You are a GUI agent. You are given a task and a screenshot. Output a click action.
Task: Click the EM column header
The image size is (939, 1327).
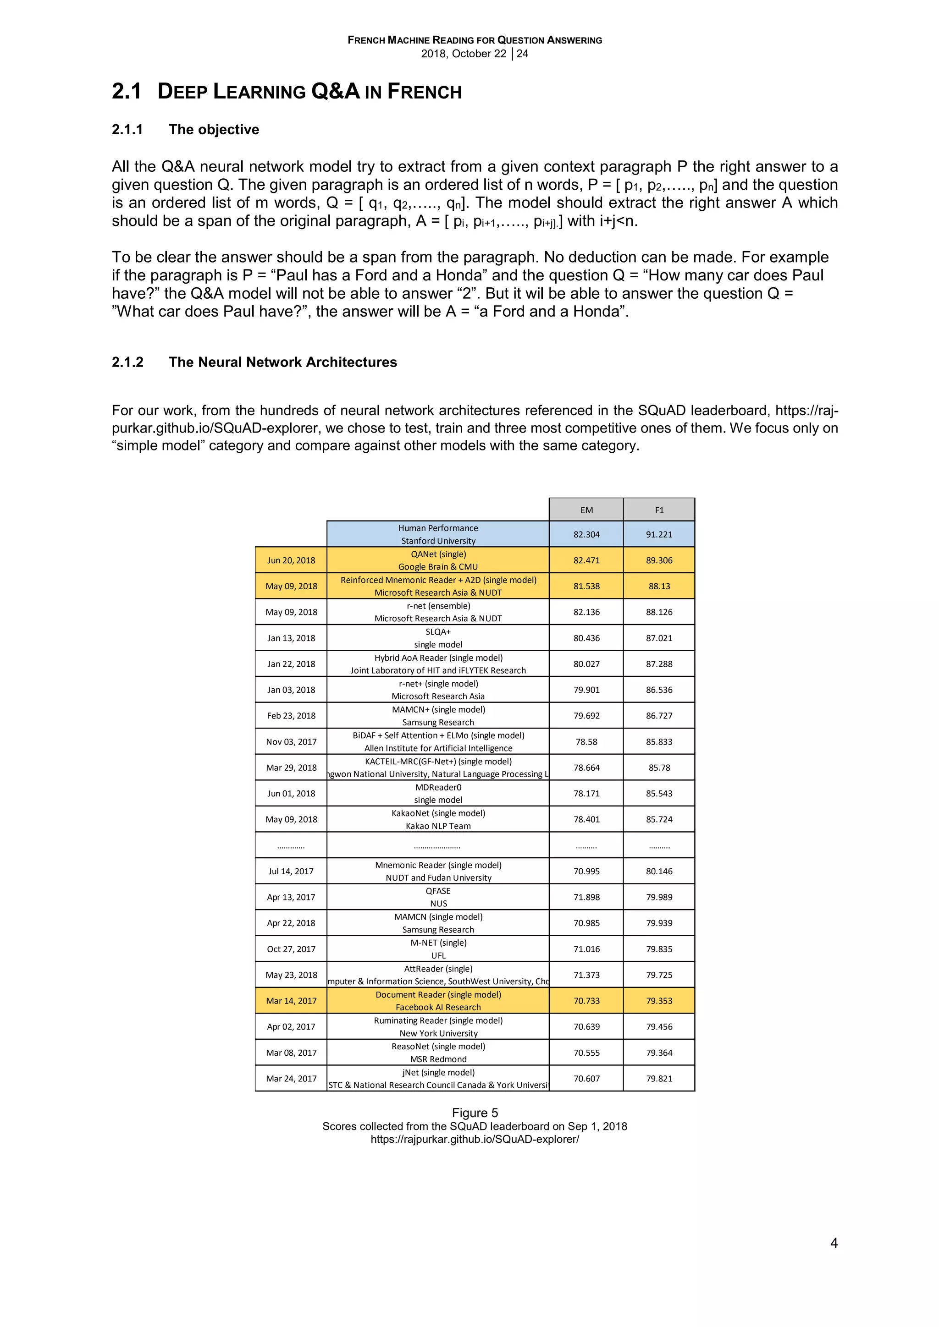tap(586, 510)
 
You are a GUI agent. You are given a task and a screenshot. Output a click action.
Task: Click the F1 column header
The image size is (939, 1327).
tap(659, 510)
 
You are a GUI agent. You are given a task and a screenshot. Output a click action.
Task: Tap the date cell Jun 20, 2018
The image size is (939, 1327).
tap(291, 560)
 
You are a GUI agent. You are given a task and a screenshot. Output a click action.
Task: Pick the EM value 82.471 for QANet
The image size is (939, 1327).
tap(586, 560)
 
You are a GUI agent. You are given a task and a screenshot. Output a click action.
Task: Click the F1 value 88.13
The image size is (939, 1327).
tap(659, 586)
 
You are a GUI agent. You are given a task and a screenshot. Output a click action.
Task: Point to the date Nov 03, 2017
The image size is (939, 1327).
tap(291, 741)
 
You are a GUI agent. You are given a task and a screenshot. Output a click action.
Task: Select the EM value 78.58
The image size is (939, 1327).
tap(586, 741)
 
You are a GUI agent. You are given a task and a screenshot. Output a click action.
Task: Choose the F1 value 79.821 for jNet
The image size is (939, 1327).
tap(659, 1079)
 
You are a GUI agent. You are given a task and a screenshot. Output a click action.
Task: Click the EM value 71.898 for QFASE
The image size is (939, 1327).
tap(586, 897)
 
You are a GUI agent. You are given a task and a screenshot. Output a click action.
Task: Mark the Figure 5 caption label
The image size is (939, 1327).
tap(474, 1113)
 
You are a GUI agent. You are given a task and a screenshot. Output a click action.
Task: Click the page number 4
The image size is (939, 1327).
tap(833, 1243)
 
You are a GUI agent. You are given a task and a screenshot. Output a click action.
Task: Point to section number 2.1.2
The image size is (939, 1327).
tap(127, 362)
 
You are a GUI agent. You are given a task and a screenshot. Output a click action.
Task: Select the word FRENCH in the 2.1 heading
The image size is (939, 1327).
tap(425, 92)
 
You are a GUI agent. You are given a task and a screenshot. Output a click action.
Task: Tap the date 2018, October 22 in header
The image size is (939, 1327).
tap(463, 54)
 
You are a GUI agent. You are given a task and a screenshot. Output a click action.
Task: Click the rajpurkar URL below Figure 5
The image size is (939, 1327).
tap(474, 1139)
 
